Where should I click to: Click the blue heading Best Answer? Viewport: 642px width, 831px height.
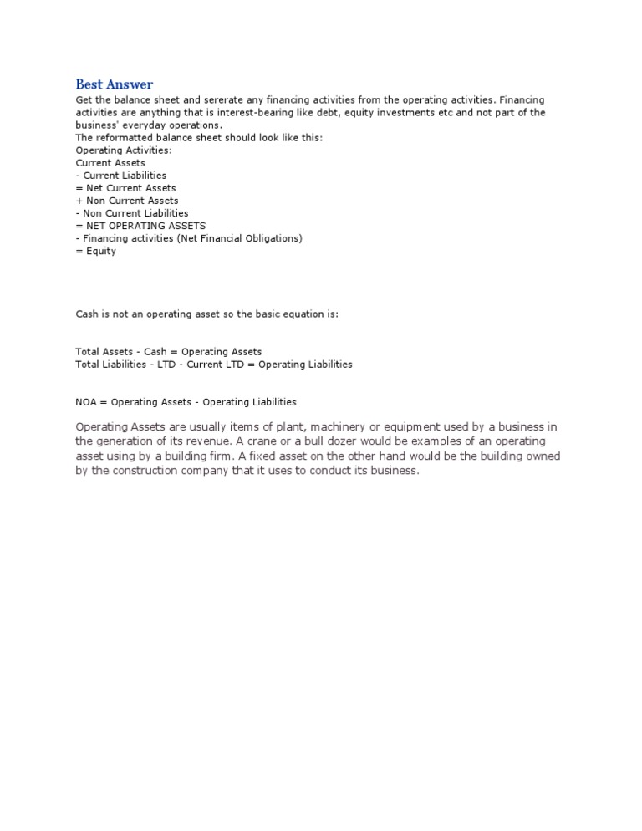115,84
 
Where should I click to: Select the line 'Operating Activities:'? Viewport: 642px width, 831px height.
123,150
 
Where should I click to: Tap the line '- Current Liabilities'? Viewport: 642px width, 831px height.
120,176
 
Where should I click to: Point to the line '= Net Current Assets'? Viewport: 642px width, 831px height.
125,188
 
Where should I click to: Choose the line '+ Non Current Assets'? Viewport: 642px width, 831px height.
126,201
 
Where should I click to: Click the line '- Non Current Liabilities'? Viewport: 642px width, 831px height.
131,213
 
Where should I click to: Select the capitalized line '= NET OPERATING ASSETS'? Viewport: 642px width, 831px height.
140,226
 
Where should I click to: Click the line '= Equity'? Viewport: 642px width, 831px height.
95,251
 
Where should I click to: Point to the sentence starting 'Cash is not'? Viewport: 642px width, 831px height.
206,314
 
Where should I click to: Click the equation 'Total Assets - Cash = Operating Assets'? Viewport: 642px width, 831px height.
168,352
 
